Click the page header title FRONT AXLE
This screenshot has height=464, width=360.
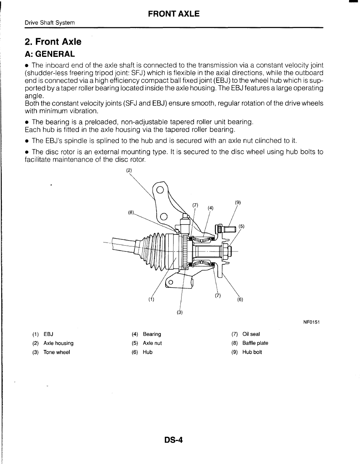point(174,14)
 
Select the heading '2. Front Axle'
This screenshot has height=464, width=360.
point(53,42)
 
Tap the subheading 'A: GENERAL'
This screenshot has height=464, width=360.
point(49,53)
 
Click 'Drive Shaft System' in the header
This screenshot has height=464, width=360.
point(49,23)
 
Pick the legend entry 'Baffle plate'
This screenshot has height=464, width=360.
point(255,343)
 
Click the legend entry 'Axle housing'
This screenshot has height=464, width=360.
point(58,343)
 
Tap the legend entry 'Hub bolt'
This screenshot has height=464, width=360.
point(252,352)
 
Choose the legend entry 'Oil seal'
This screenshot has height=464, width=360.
point(251,334)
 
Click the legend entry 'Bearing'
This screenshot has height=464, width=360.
point(152,334)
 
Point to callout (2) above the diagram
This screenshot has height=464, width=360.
point(129,170)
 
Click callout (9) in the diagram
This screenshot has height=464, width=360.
point(238,202)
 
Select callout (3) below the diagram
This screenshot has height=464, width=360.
point(180,312)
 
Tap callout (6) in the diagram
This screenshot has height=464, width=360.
point(240,299)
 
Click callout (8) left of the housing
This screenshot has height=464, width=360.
point(131,213)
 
